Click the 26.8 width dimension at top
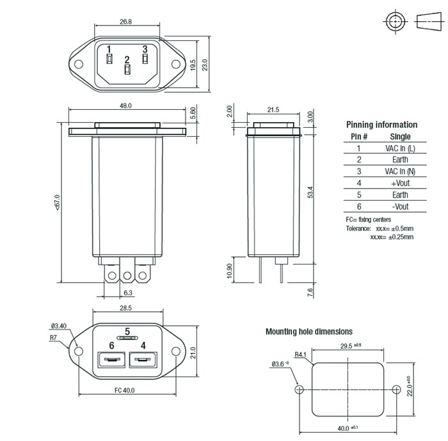[125, 21]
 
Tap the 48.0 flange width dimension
[125, 105]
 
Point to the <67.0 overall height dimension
[57, 203]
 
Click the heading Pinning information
[381, 125]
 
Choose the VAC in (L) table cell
[400, 148]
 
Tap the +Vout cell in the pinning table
[400, 183]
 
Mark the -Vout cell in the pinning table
[400, 206]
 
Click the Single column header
[400, 137]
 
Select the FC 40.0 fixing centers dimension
[125, 390]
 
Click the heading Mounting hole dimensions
[308, 332]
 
